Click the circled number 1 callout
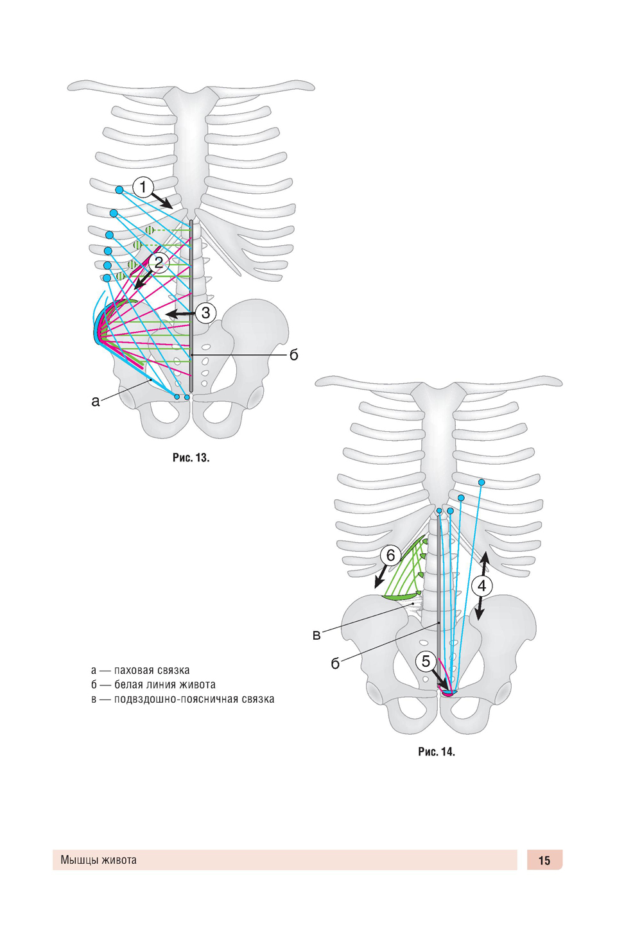point(143,187)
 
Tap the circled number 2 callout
point(158,262)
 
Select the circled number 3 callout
point(205,313)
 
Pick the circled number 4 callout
point(481,585)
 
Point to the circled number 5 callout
point(426,661)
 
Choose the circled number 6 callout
point(390,555)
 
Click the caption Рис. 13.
point(191,458)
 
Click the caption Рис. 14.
point(437,751)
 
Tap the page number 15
point(544,861)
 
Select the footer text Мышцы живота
point(99,860)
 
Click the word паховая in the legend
point(134,671)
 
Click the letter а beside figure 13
point(96,402)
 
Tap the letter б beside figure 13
point(294,355)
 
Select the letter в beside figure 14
point(317,635)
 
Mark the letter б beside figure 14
point(335,664)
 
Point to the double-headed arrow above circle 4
point(485,563)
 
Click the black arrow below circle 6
point(381,576)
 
